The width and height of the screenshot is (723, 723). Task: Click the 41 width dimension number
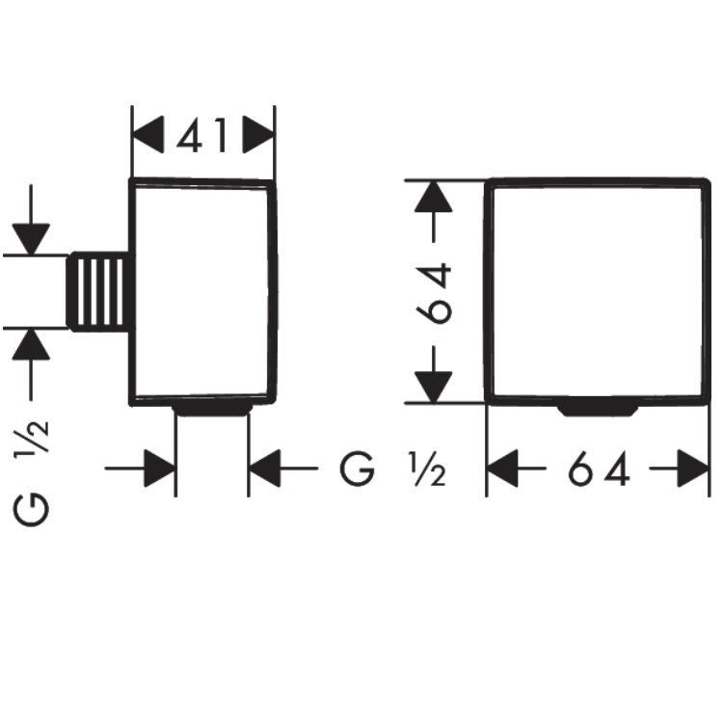pyautogui.click(x=202, y=135)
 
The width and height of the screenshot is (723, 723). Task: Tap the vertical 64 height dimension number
pyautogui.click(x=434, y=293)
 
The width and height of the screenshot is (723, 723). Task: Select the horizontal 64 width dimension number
pyautogui.click(x=599, y=469)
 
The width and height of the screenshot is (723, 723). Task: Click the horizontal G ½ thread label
pyautogui.click(x=393, y=469)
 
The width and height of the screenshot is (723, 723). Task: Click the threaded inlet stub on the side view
pyautogui.click(x=98, y=291)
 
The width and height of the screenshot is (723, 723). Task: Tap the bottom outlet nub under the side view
pyautogui.click(x=213, y=410)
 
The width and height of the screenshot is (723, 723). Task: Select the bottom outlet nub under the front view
pyautogui.click(x=598, y=410)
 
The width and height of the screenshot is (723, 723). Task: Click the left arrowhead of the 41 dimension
pyautogui.click(x=148, y=134)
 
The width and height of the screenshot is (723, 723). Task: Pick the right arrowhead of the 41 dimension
pyautogui.click(x=258, y=134)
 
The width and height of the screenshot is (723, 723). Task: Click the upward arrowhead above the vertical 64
pyautogui.click(x=433, y=197)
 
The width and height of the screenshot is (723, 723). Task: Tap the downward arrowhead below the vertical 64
pyautogui.click(x=433, y=387)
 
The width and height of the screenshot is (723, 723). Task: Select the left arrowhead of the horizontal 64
pyautogui.click(x=502, y=469)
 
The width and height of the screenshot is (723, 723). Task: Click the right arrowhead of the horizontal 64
pyautogui.click(x=693, y=469)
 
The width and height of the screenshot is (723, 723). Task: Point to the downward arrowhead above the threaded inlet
pyautogui.click(x=31, y=239)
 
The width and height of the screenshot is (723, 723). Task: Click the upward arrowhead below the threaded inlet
pyautogui.click(x=31, y=344)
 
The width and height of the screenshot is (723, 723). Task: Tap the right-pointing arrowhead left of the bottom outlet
pyautogui.click(x=159, y=469)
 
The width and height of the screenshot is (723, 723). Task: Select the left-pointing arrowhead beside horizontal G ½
pyautogui.click(x=265, y=469)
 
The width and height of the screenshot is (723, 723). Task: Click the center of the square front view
pyautogui.click(x=597, y=291)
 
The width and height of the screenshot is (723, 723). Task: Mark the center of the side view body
pyautogui.click(x=202, y=291)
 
